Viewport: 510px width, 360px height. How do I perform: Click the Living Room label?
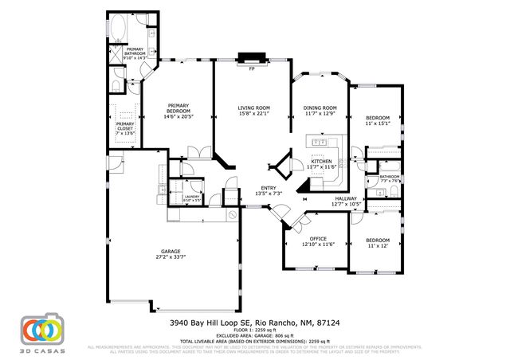click(x=254, y=108)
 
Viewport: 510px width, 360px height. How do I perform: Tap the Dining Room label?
click(x=320, y=108)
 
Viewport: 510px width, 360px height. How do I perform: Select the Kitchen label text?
click(x=321, y=161)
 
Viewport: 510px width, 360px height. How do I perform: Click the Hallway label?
click(x=346, y=198)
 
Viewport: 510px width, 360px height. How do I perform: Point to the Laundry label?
click(x=191, y=196)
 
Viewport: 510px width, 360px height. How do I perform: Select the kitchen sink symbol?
click(x=320, y=143)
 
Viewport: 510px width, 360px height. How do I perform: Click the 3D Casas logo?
click(x=41, y=331)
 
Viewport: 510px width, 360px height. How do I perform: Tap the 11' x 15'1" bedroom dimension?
click(x=377, y=123)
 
